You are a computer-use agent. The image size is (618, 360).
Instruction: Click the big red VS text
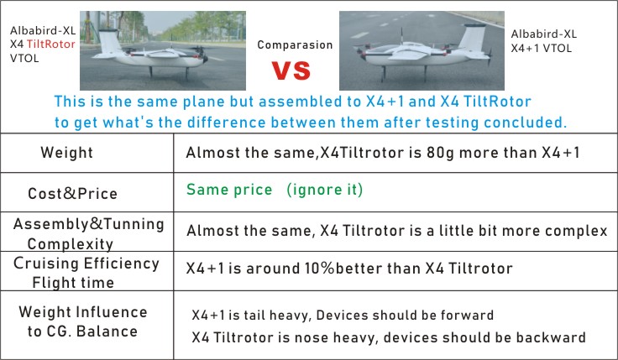pyautogui.click(x=291, y=70)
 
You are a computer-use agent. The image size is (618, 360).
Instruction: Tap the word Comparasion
pyautogui.click(x=295, y=45)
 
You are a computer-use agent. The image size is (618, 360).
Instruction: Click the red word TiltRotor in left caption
pyautogui.click(x=51, y=44)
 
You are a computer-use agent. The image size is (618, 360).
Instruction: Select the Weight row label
pyautogui.click(x=66, y=153)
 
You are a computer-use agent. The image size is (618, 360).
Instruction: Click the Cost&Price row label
pyautogui.click(x=72, y=193)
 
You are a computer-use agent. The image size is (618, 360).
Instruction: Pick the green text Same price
pyautogui.click(x=229, y=190)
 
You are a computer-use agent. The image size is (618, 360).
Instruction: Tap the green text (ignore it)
pyautogui.click(x=324, y=190)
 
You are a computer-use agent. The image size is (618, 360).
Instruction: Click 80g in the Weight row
pyautogui.click(x=440, y=153)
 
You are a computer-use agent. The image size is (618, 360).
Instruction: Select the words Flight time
pyautogui.click(x=73, y=283)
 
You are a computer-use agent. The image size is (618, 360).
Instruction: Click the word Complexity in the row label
pyautogui.click(x=71, y=244)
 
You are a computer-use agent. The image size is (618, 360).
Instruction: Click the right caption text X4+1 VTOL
pyautogui.click(x=541, y=49)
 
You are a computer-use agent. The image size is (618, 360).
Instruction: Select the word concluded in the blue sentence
pyautogui.click(x=525, y=123)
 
